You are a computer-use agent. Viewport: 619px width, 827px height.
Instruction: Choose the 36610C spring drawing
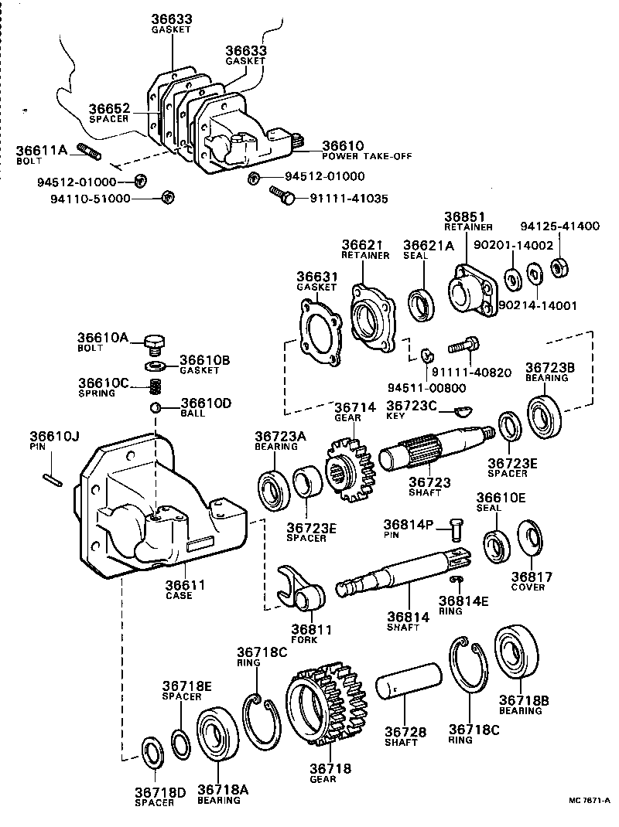[156, 383]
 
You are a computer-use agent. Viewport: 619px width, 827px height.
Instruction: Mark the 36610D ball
[156, 407]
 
